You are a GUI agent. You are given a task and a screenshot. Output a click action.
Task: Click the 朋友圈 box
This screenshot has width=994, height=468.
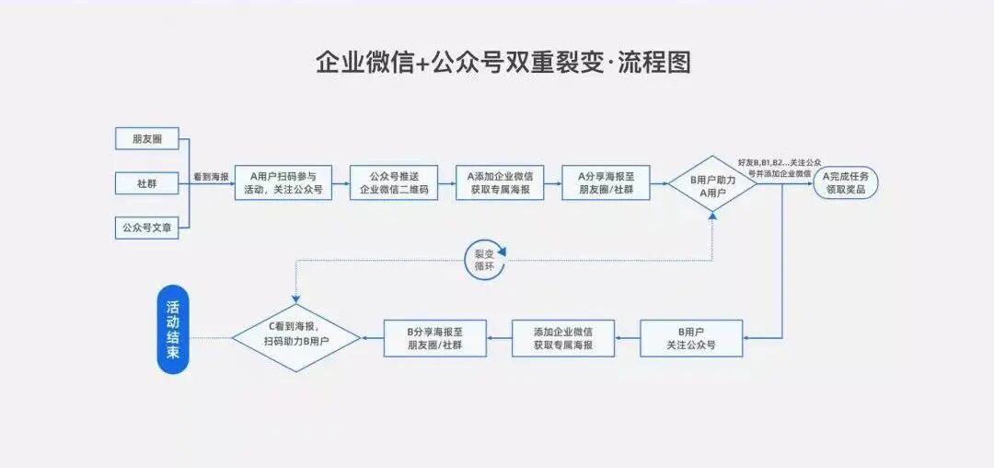(147, 139)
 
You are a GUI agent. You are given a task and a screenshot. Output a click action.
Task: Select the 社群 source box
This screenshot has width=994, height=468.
(147, 183)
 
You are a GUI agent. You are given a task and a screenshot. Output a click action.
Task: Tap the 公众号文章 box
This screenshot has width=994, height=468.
(147, 227)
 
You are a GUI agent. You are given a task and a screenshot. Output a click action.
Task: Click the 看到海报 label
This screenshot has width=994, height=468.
(211, 176)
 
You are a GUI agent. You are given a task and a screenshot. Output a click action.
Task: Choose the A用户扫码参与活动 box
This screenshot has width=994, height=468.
(283, 182)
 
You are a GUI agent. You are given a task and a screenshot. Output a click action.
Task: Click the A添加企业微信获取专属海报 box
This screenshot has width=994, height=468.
(500, 182)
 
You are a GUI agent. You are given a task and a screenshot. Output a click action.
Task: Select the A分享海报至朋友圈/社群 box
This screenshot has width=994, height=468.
(606, 182)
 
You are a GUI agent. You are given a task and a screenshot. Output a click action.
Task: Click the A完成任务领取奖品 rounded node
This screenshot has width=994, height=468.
(846, 182)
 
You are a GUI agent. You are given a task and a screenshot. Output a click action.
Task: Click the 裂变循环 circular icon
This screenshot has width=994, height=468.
(485, 259)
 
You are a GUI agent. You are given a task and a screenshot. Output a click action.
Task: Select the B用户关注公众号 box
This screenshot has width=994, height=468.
(691, 338)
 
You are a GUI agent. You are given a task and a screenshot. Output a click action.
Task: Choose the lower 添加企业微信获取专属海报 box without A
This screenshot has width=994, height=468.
(563, 338)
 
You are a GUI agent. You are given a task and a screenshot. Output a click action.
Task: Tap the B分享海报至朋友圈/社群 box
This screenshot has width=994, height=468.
(434, 338)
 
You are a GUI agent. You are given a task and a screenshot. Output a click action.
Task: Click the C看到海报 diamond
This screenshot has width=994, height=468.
(296, 338)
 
